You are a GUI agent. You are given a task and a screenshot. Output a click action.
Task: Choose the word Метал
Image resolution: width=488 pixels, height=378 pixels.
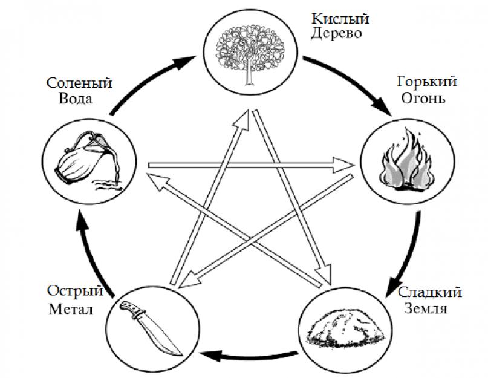coord(69,310)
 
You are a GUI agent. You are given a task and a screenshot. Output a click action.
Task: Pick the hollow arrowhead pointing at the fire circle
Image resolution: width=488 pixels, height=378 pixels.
coord(346,163)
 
